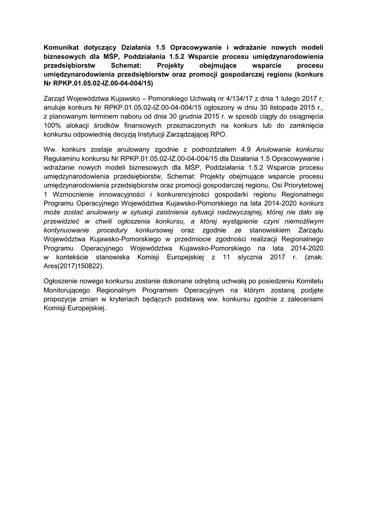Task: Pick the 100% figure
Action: (53, 125)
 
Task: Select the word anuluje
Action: (56, 106)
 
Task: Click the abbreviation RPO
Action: (222, 135)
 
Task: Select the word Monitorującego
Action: (70, 290)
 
